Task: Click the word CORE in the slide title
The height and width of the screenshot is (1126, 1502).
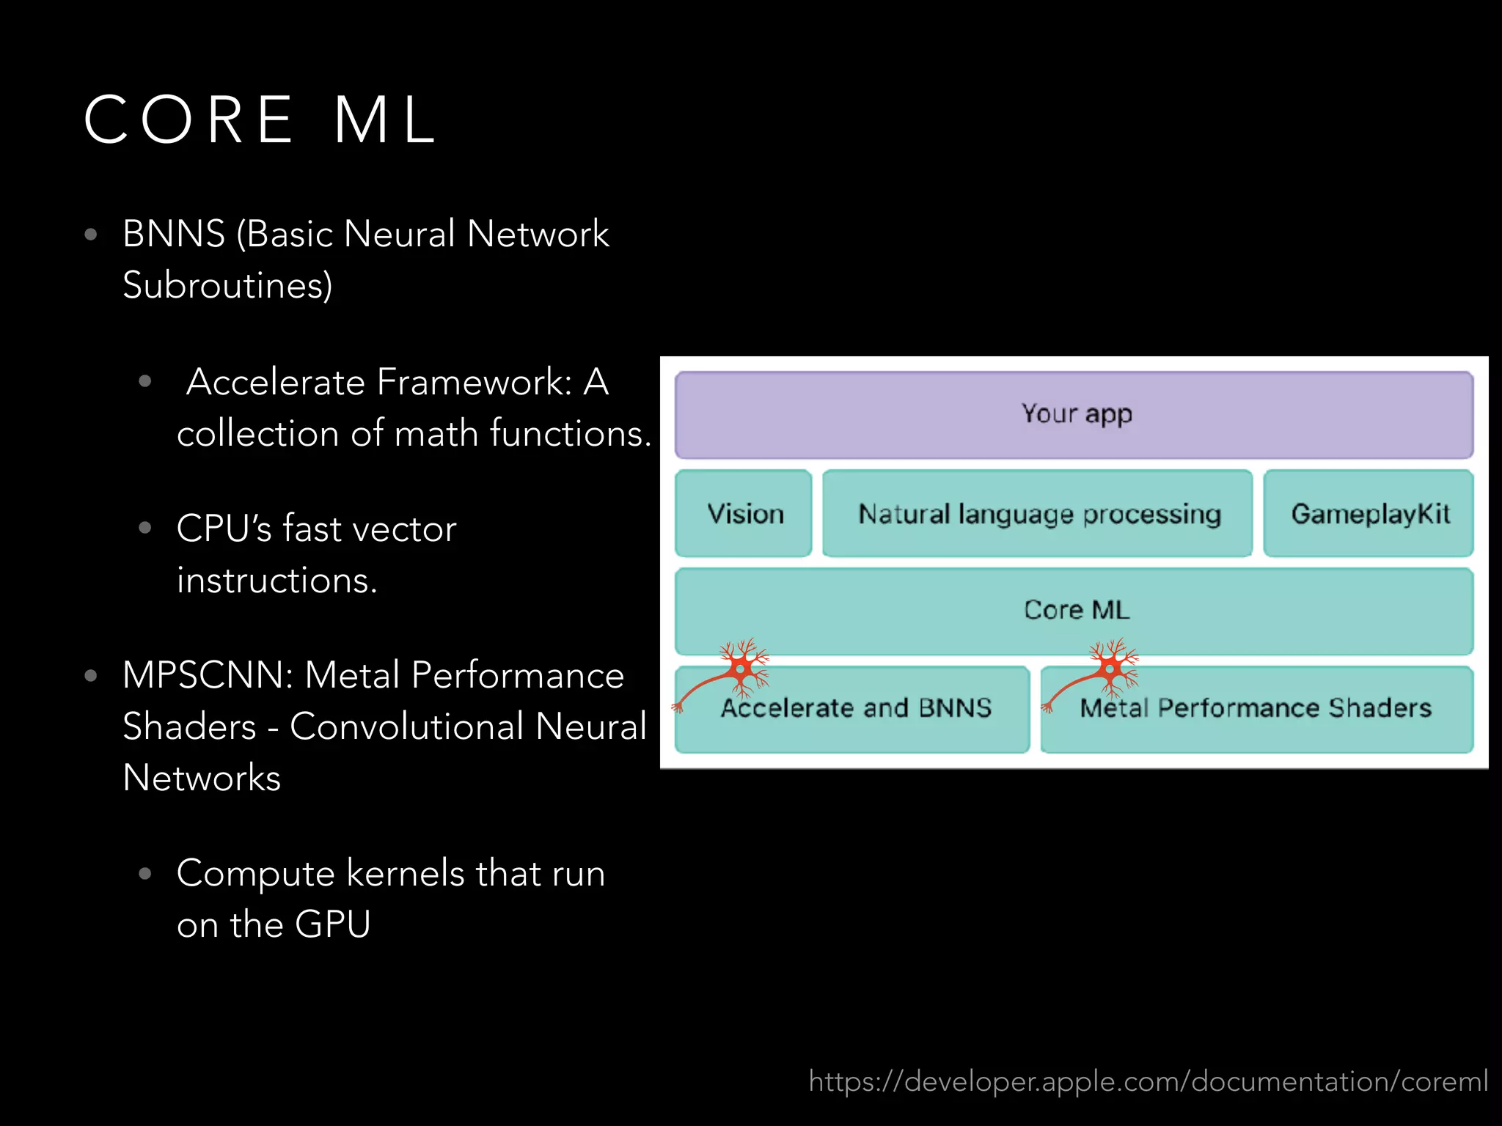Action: (x=189, y=119)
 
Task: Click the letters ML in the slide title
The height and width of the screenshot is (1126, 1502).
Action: (x=386, y=119)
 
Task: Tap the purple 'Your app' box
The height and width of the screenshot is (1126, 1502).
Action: (x=1074, y=415)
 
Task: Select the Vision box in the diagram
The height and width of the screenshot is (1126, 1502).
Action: (x=744, y=514)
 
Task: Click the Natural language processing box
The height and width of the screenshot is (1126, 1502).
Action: (x=1038, y=514)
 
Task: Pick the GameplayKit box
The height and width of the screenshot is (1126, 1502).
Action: (x=1369, y=514)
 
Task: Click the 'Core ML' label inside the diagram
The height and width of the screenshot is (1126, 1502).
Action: (x=1076, y=610)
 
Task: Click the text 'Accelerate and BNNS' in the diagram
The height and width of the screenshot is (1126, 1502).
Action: (x=856, y=708)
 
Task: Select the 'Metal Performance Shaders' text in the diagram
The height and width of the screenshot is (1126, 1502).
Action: (x=1256, y=708)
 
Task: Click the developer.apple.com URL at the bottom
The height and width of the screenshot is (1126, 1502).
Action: (x=1148, y=1081)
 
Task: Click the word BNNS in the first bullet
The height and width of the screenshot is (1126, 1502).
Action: (x=174, y=235)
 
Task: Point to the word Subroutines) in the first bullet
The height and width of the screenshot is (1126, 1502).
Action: (x=227, y=285)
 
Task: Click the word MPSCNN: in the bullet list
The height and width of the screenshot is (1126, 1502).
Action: (x=208, y=675)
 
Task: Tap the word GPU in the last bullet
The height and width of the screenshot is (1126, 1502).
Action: (x=332, y=924)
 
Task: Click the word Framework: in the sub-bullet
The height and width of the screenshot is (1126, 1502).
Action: (x=475, y=383)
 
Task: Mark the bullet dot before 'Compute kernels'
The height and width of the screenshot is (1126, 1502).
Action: (x=145, y=873)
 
